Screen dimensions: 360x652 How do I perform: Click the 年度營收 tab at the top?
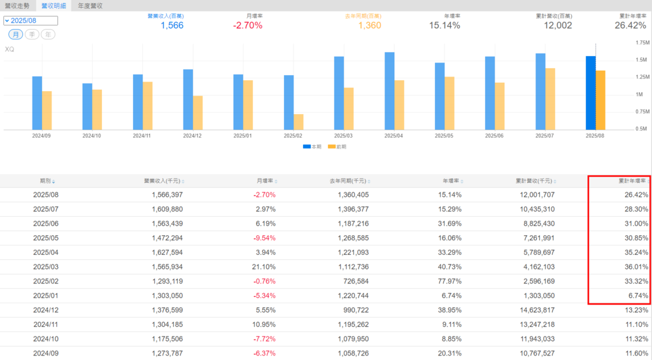point(90,6)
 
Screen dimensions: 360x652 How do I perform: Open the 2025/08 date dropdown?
point(31,20)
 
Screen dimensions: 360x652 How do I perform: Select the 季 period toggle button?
point(32,34)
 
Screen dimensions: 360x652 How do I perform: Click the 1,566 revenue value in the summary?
point(172,25)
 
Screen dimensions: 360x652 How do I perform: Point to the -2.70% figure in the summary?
point(248,25)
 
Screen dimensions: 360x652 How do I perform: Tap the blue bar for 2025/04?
point(390,90)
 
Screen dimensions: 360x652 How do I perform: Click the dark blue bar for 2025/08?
point(591,92)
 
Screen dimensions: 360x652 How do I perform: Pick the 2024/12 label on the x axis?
point(193,136)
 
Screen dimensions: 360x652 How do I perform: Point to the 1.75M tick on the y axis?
point(639,43)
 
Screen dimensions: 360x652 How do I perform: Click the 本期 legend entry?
point(313,147)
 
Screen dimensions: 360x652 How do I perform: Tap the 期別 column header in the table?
point(46,182)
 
